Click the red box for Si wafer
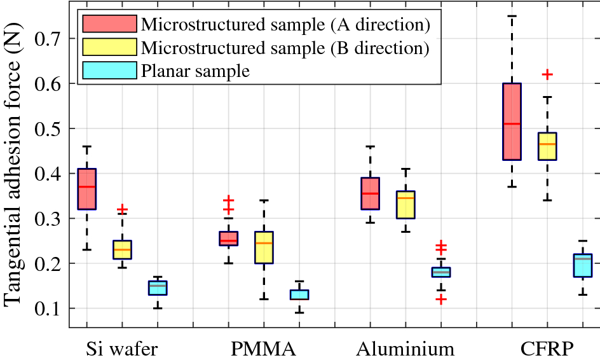(x=86, y=189)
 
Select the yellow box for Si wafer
(x=122, y=250)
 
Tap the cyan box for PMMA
(x=299, y=294)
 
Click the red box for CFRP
(x=512, y=121)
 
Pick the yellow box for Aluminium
(x=406, y=205)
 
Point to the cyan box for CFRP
(x=583, y=265)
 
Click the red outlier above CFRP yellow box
(x=547, y=74)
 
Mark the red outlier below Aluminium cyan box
(x=441, y=299)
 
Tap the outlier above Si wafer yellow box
(x=122, y=209)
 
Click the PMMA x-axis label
(x=263, y=349)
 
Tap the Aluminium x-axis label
(x=406, y=349)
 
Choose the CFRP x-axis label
(x=547, y=349)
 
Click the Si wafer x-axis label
(x=121, y=349)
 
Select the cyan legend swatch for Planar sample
(x=109, y=70)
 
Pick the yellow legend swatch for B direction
(x=109, y=47)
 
